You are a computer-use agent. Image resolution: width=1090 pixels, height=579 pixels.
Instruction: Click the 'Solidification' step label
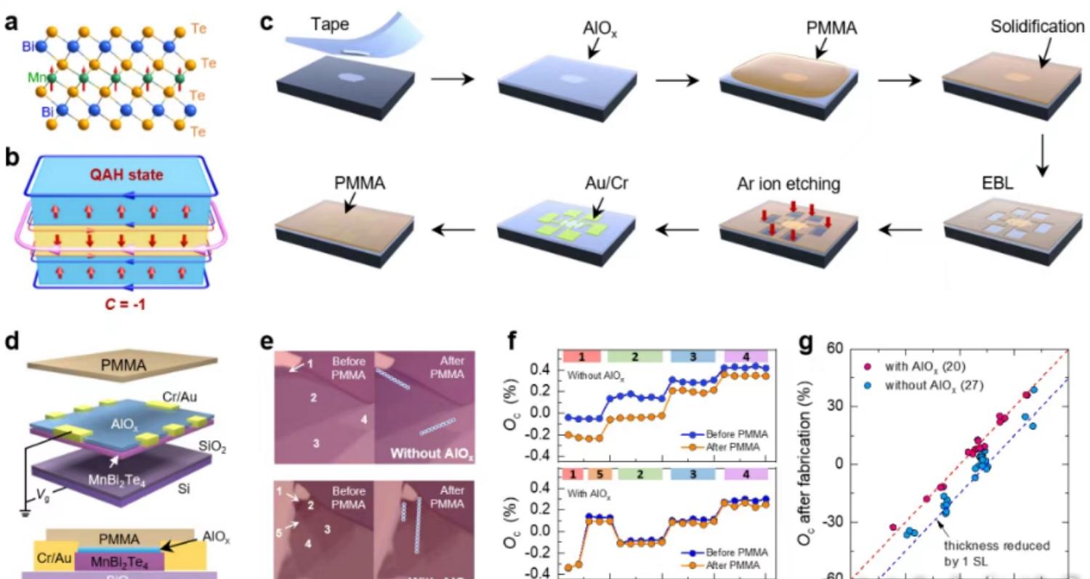point(1037,27)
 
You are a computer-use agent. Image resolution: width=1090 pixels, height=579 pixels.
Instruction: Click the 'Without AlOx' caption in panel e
point(432,455)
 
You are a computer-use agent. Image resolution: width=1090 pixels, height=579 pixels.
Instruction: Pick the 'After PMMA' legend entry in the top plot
point(732,447)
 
